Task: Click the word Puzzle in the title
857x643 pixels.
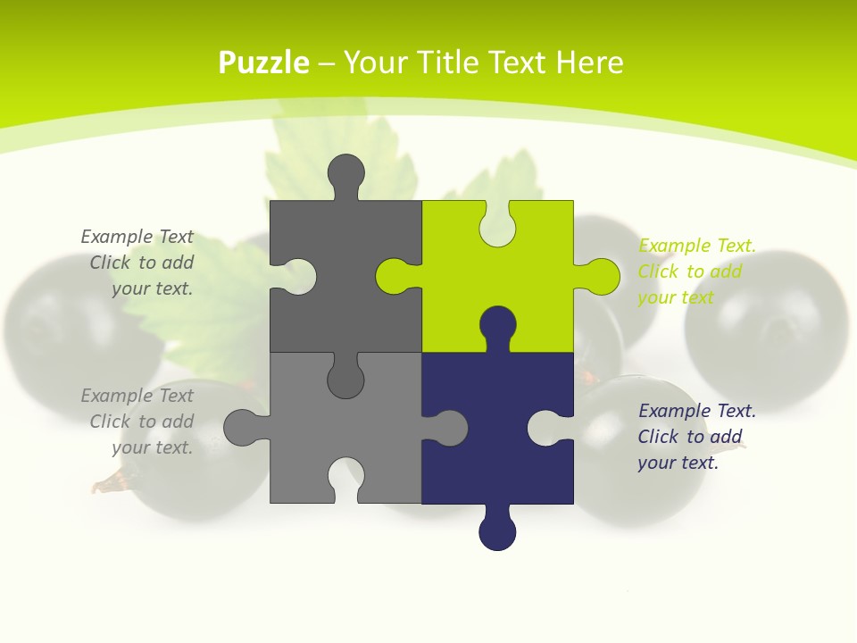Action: (264, 63)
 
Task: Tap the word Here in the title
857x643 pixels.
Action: (589, 63)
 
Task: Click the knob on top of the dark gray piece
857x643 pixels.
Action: (345, 174)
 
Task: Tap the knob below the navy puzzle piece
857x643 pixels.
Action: (497, 531)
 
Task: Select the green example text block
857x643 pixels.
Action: (696, 271)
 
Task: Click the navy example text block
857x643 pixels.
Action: (696, 437)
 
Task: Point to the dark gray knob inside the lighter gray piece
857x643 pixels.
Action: (345, 380)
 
